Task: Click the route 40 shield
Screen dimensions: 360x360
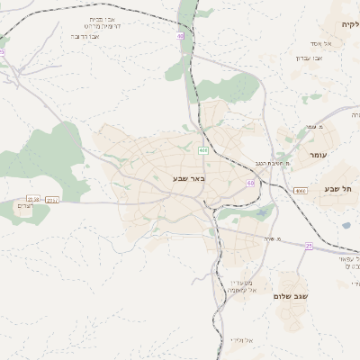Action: pyautogui.click(x=181, y=36)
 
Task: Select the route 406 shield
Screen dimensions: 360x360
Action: pyautogui.click(x=203, y=149)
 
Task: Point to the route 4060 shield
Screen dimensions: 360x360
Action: pyautogui.click(x=300, y=191)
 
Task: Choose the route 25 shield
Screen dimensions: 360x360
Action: pyautogui.click(x=309, y=245)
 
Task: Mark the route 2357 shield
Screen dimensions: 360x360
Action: pyautogui.click(x=51, y=199)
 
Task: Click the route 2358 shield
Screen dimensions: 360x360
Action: pyautogui.click(x=34, y=199)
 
